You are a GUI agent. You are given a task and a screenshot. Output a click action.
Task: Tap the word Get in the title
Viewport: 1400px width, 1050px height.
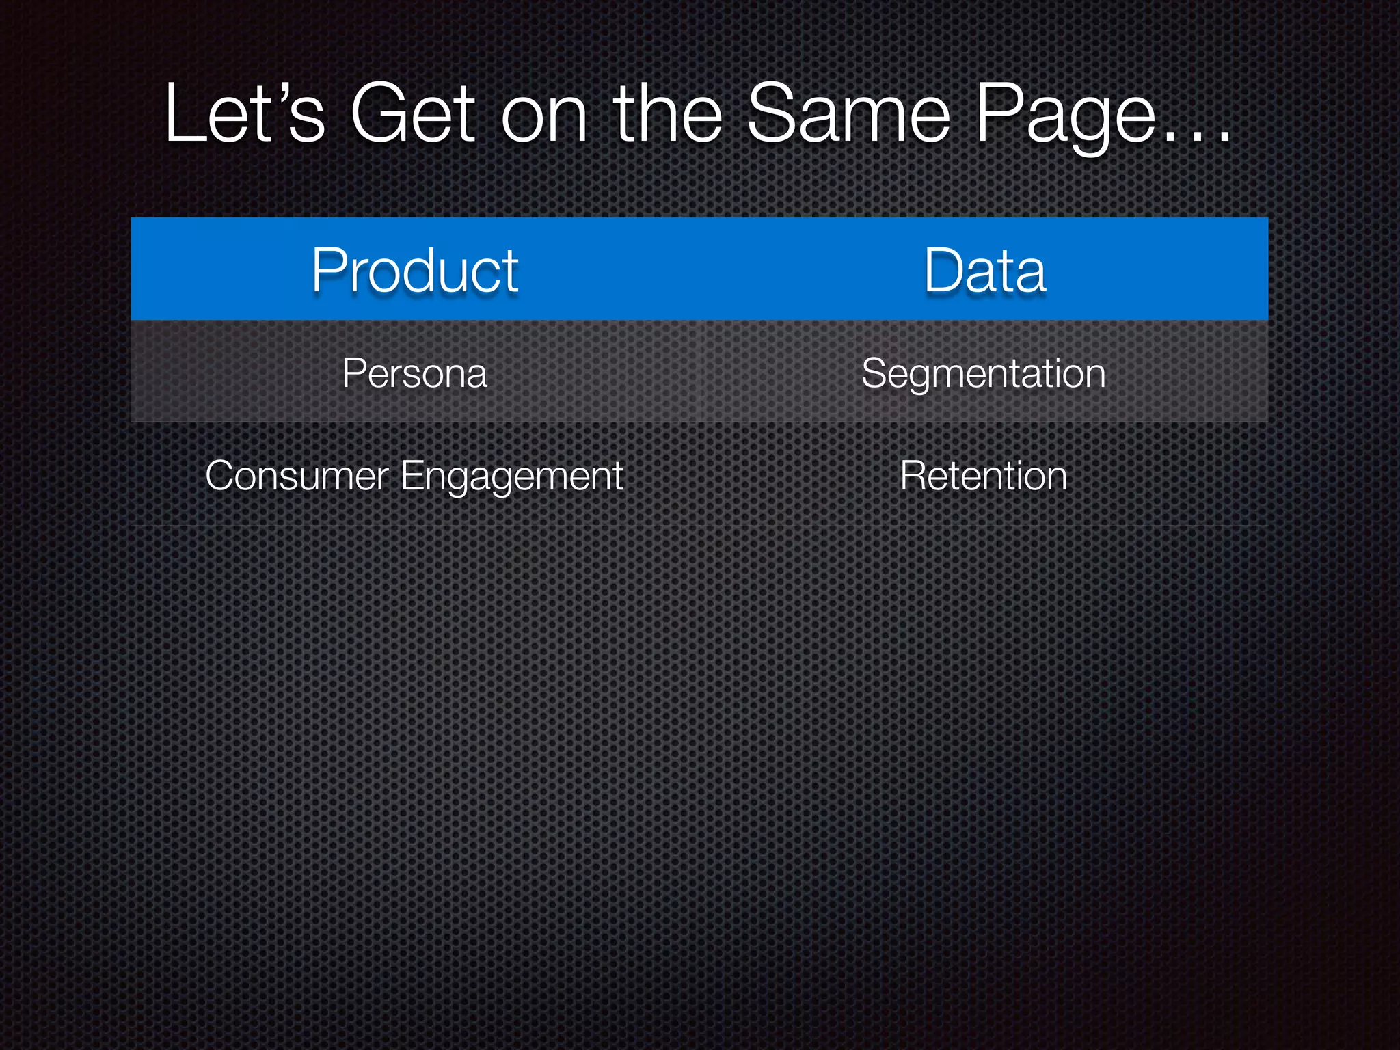tap(412, 114)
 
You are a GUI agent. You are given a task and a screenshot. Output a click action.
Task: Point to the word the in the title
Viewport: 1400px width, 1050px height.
tap(668, 114)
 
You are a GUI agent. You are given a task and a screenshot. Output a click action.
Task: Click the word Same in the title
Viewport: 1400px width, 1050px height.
tap(848, 114)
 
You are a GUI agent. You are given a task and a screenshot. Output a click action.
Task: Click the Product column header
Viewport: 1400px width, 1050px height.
tap(415, 271)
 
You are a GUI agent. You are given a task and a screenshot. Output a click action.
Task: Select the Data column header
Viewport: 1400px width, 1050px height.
tap(984, 271)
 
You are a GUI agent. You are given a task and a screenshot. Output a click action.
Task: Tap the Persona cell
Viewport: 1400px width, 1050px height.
tap(415, 373)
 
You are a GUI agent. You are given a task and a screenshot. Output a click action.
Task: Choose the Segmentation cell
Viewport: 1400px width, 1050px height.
tap(983, 374)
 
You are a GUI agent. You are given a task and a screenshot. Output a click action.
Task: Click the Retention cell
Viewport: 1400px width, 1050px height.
tap(983, 476)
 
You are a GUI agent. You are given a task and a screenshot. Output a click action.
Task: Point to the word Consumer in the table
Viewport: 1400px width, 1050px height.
tap(297, 476)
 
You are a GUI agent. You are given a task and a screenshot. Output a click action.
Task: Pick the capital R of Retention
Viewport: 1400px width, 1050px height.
tap(913, 476)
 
